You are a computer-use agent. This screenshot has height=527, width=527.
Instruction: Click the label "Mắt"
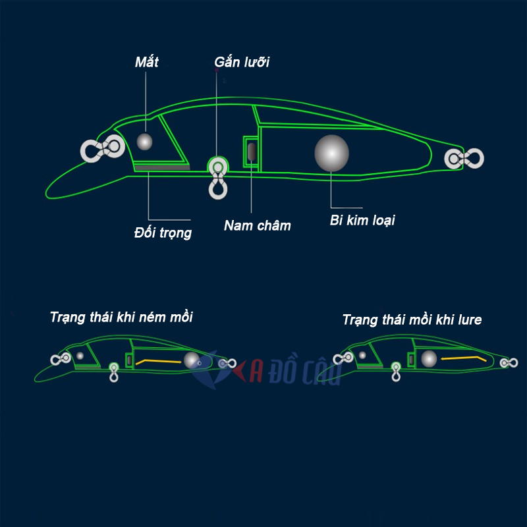(x=146, y=63)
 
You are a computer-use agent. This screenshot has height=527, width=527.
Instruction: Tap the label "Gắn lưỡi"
(x=242, y=63)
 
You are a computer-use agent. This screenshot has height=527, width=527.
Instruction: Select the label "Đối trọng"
(x=162, y=233)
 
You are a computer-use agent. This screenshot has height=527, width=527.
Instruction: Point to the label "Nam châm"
(x=257, y=226)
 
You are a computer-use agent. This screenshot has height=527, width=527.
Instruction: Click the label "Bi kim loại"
(x=362, y=220)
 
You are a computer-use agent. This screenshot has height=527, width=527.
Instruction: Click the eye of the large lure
(x=144, y=141)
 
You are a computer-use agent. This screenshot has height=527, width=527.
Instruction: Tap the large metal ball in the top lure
(x=331, y=153)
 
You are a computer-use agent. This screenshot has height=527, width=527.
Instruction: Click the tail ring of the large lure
(x=464, y=159)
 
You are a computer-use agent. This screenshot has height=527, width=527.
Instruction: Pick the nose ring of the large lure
(x=103, y=149)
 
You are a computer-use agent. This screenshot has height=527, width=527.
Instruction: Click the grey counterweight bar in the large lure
(x=162, y=167)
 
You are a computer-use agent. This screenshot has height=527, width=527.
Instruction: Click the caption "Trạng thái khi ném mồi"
(x=121, y=317)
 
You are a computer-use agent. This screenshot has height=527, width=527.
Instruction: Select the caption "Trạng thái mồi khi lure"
(x=412, y=320)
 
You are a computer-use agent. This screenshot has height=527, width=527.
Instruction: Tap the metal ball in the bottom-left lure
(x=192, y=360)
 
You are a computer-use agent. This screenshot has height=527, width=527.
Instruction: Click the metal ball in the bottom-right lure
(x=429, y=358)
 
